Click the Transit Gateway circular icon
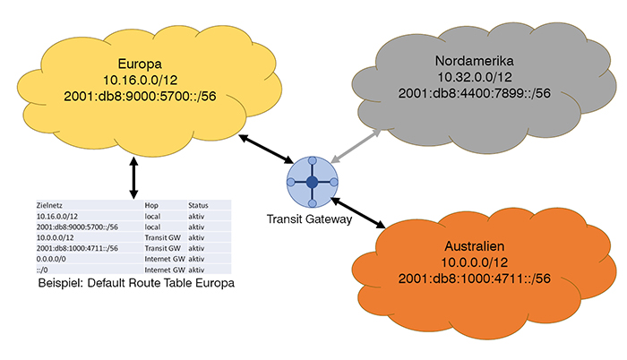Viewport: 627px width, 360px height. click(x=312, y=182)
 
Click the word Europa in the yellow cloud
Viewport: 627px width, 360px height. click(x=139, y=64)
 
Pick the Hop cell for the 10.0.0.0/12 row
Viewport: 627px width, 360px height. click(x=164, y=236)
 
